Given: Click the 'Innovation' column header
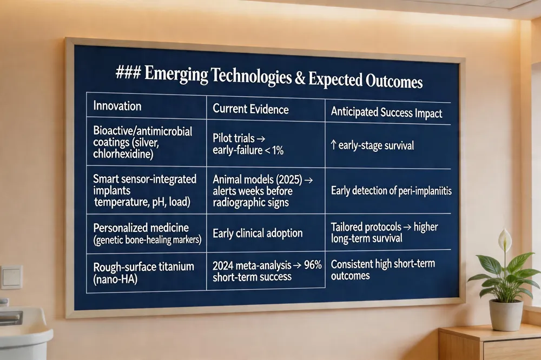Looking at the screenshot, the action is click(x=117, y=106).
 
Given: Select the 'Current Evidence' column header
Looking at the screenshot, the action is click(x=250, y=109).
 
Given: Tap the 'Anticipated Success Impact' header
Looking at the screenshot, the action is click(x=386, y=113).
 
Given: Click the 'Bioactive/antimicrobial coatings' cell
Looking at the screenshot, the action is click(x=142, y=142).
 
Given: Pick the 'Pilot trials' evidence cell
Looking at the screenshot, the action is click(x=248, y=144).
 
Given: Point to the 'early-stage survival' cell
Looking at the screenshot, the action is click(x=372, y=145).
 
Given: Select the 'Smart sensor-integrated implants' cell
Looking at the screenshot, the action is click(x=144, y=190).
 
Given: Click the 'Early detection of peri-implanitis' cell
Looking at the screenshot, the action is click(x=391, y=191).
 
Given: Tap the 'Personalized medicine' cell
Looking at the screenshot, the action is click(x=147, y=234).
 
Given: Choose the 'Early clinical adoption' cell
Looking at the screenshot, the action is click(x=258, y=234).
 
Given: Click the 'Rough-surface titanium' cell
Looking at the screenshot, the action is click(x=143, y=272).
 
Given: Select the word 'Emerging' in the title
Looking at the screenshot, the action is click(x=176, y=74).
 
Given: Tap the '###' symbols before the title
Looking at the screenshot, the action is click(x=128, y=72).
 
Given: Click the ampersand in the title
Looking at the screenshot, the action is click(x=300, y=78).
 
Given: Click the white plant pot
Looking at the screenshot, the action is click(x=506, y=315).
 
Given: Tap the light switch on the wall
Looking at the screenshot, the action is click(x=12, y=277).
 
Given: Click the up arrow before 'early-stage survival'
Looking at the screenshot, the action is click(x=333, y=144).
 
